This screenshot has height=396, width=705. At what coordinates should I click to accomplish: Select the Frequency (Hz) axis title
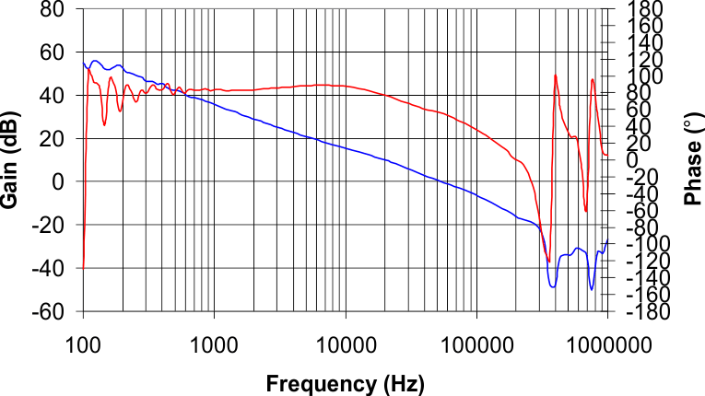click(x=346, y=383)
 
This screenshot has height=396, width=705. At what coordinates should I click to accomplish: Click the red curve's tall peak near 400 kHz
click(x=556, y=76)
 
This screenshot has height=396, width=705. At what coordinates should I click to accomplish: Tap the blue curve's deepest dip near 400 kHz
click(x=553, y=287)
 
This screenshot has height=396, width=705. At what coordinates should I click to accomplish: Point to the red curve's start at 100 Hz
click(x=83, y=267)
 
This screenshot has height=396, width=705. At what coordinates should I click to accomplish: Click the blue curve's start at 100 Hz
click(x=83, y=63)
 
